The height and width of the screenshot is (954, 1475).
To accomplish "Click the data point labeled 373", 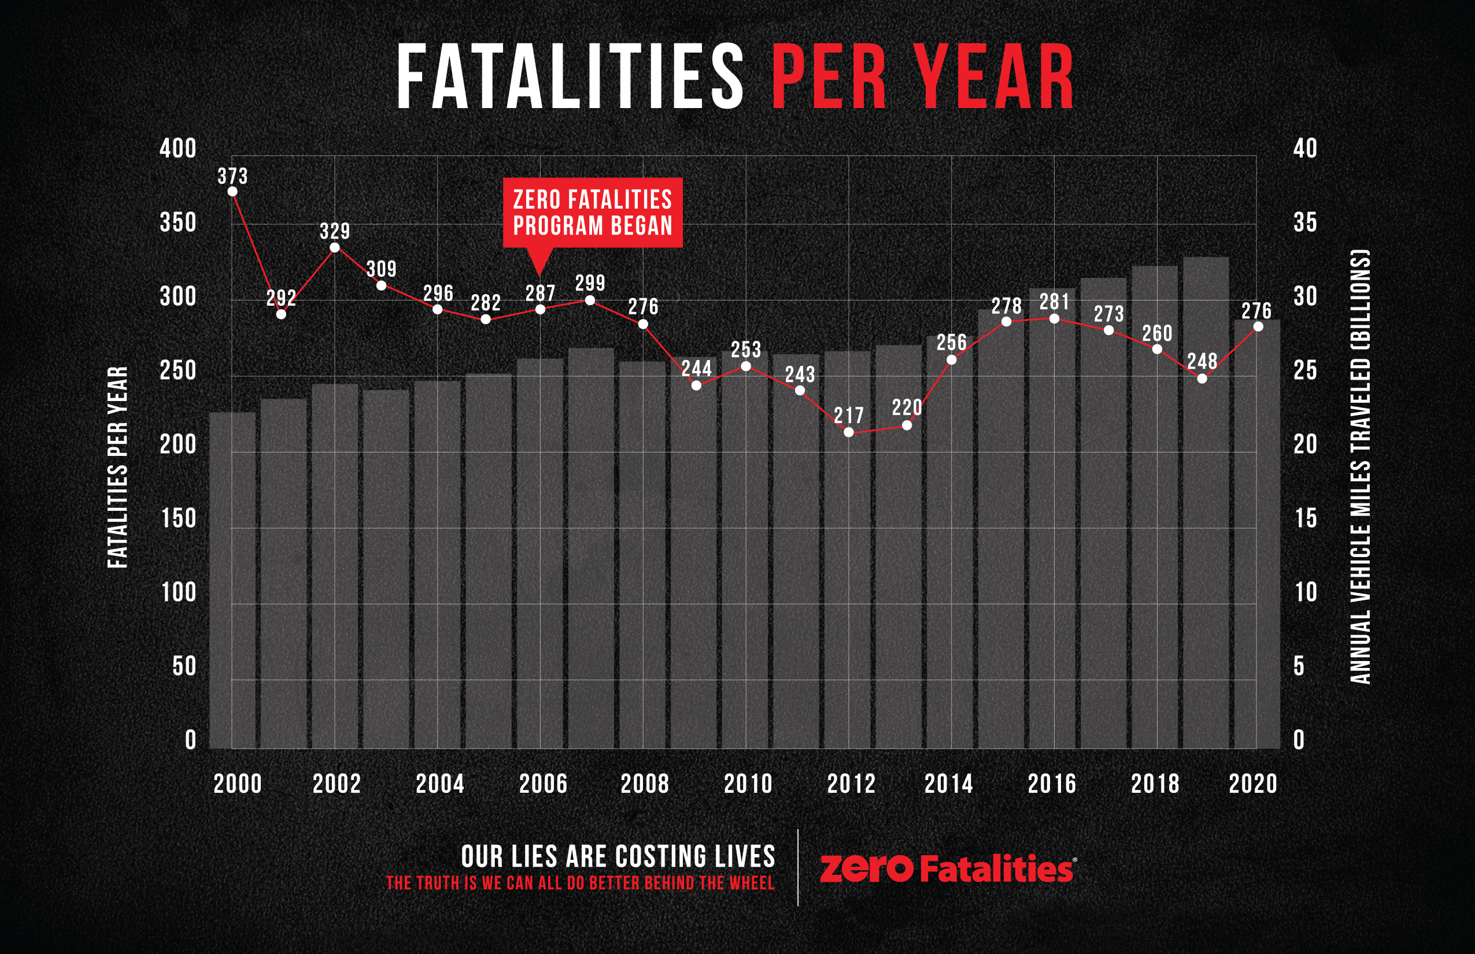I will [232, 191].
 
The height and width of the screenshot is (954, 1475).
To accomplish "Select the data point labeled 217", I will [849, 432].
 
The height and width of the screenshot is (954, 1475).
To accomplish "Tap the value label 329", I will [335, 232].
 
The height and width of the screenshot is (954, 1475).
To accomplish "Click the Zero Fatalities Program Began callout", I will [593, 213].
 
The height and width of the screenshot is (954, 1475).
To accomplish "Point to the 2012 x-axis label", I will [851, 784].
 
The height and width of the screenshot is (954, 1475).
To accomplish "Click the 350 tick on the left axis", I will [178, 223].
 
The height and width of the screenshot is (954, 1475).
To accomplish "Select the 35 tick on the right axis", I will [1304, 223].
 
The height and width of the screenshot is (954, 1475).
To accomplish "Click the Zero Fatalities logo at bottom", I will [947, 868].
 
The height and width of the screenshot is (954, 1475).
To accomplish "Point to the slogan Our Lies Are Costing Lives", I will [618, 856].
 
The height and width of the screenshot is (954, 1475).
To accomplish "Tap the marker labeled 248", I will [1202, 378].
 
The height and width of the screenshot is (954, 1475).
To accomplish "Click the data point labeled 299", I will [590, 300].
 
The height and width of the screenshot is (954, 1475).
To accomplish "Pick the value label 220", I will [907, 408].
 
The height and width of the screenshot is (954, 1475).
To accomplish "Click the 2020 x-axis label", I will [1253, 784].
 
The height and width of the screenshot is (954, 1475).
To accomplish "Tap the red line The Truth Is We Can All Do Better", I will [580, 884].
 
